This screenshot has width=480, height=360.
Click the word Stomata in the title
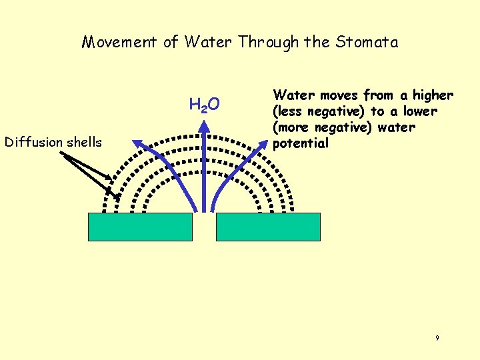tap(368, 43)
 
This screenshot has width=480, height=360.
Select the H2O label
tap(205, 105)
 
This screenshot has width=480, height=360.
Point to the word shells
tap(85, 142)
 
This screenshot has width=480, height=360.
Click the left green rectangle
tap(140, 227)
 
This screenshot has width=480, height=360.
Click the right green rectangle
tap(269, 227)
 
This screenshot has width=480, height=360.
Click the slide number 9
tap(437, 339)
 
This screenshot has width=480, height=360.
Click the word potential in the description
tap(301, 143)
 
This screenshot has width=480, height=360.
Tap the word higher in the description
tap(433, 95)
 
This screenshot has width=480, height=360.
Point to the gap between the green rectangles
tap(205, 227)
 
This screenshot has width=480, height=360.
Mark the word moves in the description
tap(330, 95)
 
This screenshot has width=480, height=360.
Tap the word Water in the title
tap(209, 43)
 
